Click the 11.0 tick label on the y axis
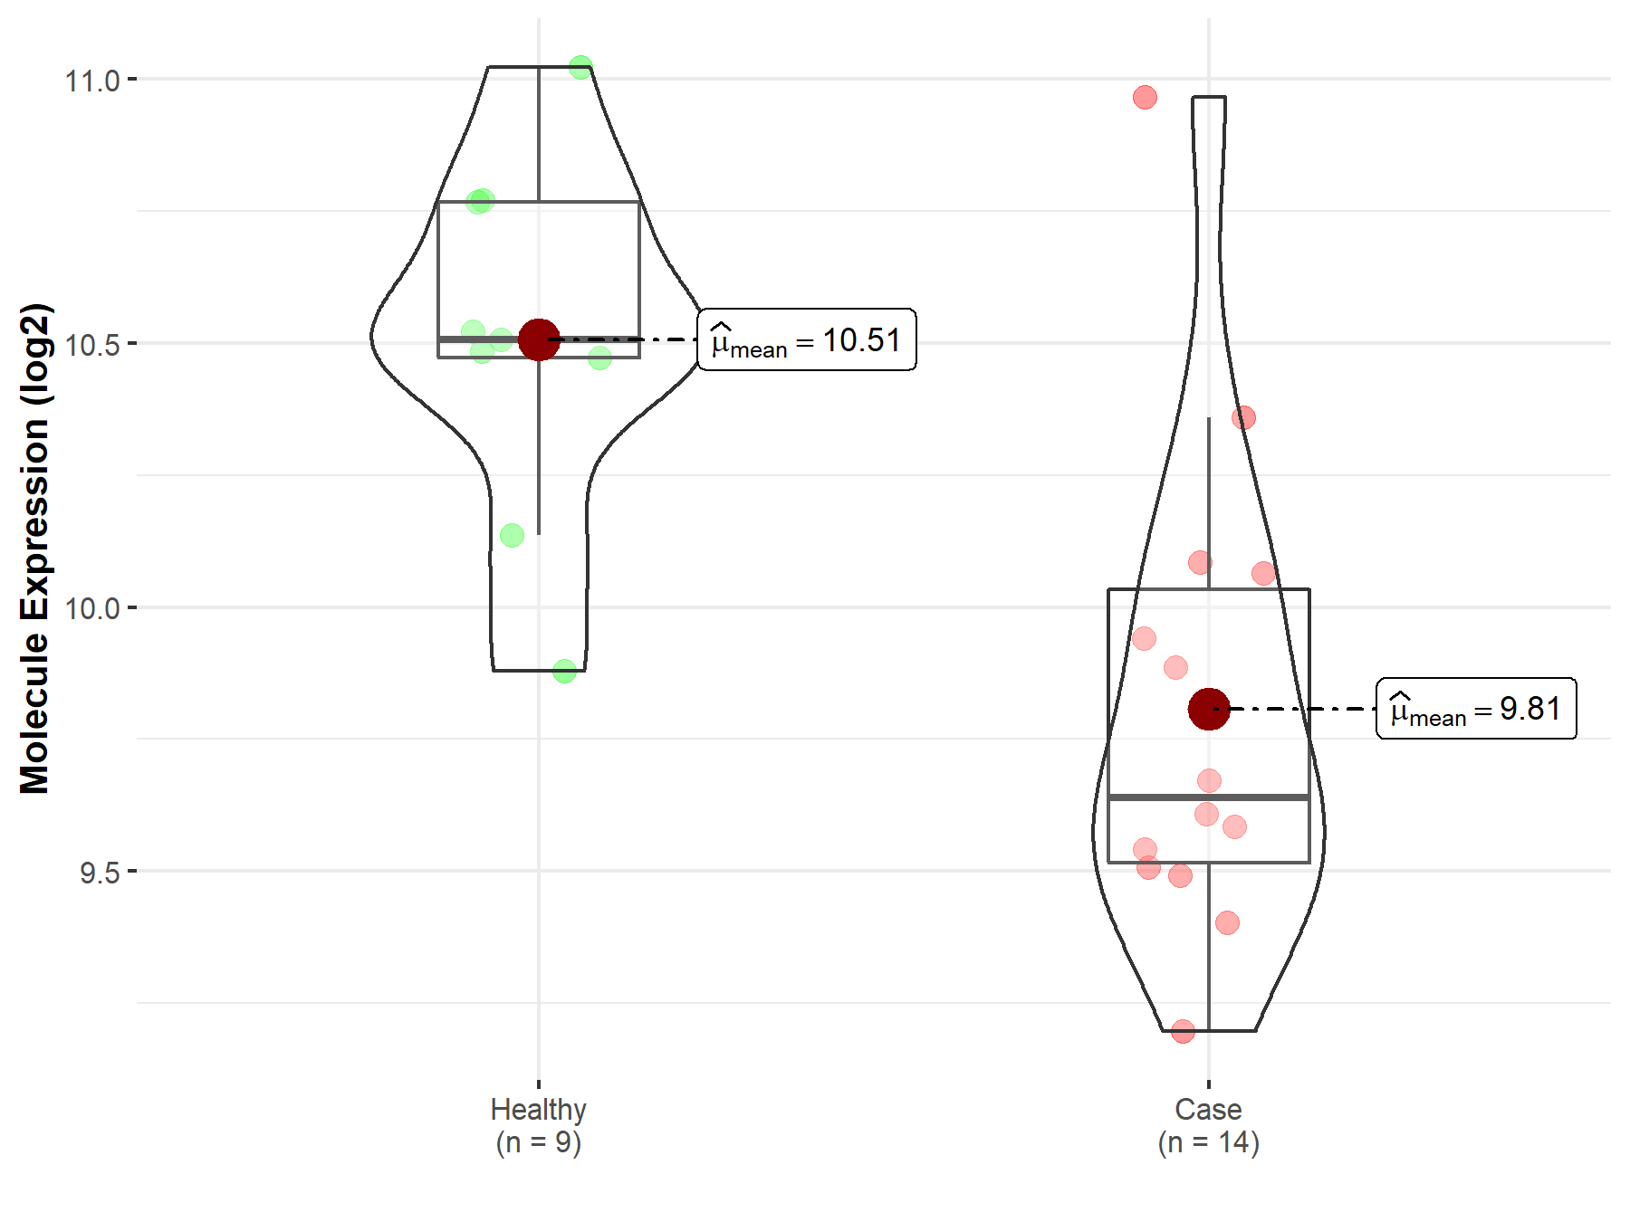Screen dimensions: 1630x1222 click(x=91, y=81)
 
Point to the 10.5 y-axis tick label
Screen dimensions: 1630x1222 click(x=91, y=345)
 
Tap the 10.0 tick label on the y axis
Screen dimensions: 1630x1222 click(x=91, y=608)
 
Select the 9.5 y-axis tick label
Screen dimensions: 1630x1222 click(x=100, y=873)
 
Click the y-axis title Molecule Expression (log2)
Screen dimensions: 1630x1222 click(x=34, y=549)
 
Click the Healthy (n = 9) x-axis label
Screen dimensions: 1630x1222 click(x=539, y=1125)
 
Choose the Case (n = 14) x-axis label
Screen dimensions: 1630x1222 click(x=1209, y=1125)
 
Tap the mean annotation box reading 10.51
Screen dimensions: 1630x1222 click(x=807, y=339)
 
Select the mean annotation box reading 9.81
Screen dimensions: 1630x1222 click(x=1476, y=708)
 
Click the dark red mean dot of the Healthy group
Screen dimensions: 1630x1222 click(x=539, y=339)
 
